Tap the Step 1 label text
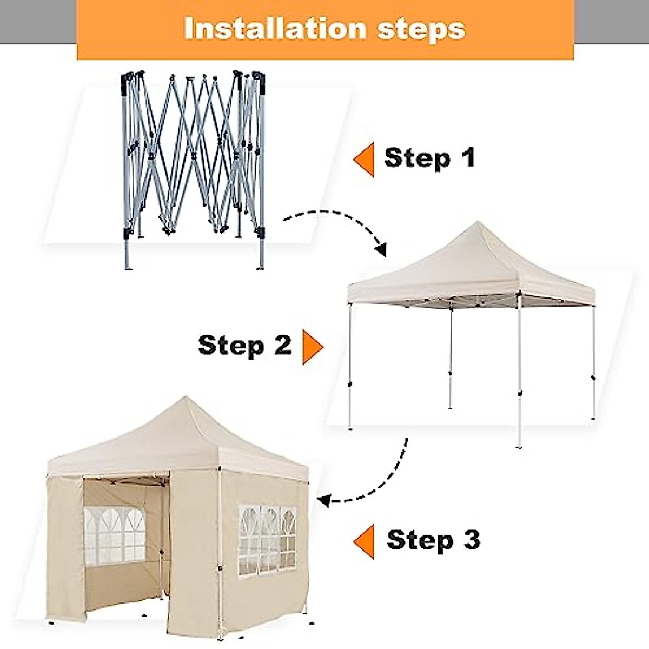429,157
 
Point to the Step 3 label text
433,540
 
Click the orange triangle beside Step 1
365,160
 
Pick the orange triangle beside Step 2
312,346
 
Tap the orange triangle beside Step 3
365,541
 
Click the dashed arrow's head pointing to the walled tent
323,500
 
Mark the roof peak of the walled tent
186,399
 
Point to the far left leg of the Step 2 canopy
350,368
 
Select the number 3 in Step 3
472,540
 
